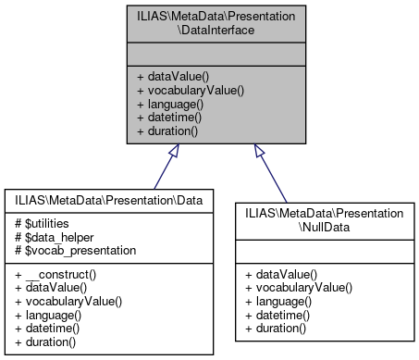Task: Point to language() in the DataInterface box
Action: (172, 105)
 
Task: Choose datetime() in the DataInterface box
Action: (172, 118)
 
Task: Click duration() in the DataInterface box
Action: (171, 130)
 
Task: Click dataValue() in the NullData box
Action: (281, 275)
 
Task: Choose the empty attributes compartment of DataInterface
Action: (209, 53)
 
